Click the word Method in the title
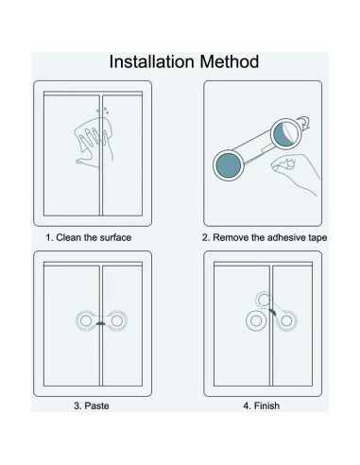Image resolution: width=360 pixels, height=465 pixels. pos(228,62)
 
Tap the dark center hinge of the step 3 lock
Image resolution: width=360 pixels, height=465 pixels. pos(97,324)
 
